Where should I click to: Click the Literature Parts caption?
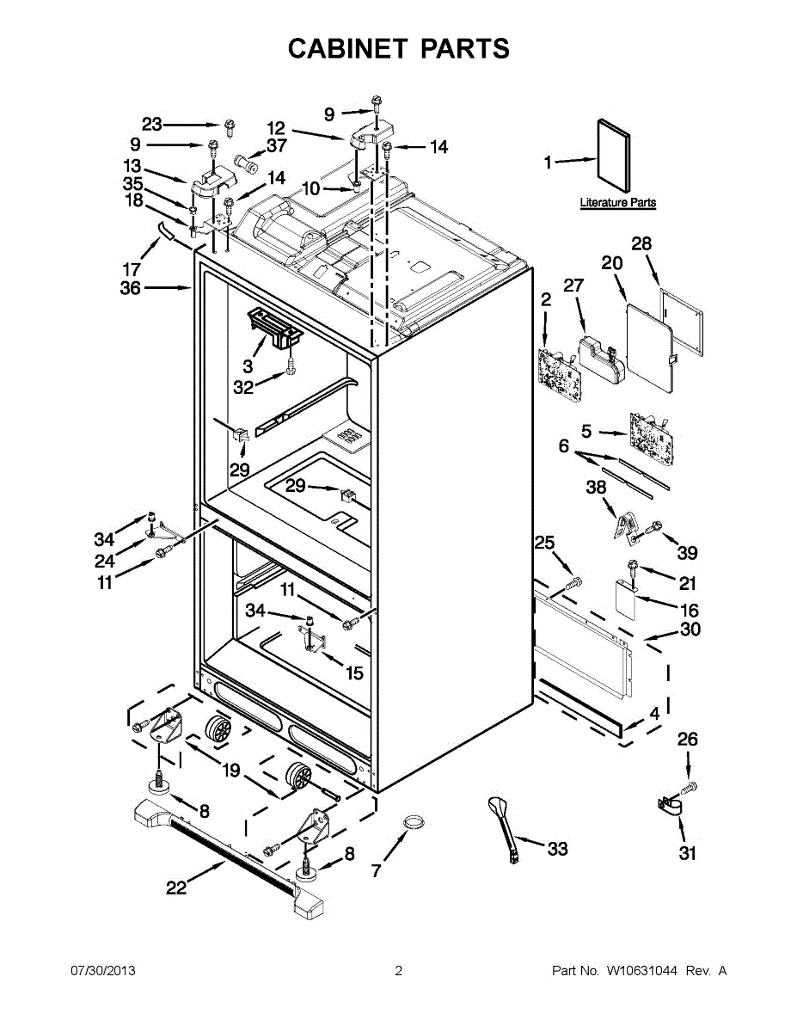pyautogui.click(x=617, y=203)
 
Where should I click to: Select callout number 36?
pyautogui.click(x=130, y=289)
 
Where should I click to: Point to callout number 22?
pyautogui.click(x=175, y=888)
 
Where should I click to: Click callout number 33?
pyautogui.click(x=557, y=849)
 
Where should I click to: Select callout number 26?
pyautogui.click(x=687, y=740)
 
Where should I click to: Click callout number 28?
pyautogui.click(x=641, y=244)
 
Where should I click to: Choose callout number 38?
pyautogui.click(x=596, y=488)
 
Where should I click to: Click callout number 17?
pyautogui.click(x=132, y=269)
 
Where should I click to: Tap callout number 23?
pyautogui.click(x=152, y=125)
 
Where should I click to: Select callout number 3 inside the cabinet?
pyautogui.click(x=247, y=365)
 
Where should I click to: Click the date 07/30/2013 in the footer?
pyautogui.click(x=102, y=971)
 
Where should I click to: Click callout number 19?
pyautogui.click(x=231, y=771)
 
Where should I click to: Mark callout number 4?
pyautogui.click(x=654, y=713)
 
